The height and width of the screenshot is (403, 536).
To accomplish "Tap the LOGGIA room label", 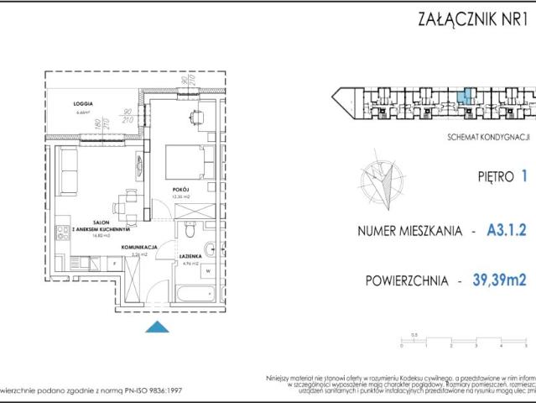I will (x=82, y=103).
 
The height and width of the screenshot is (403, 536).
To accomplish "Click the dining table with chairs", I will (x=127, y=201).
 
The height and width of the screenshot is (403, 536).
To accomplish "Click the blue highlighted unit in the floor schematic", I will (x=468, y=95).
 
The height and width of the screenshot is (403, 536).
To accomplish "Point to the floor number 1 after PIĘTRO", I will (x=523, y=177).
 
